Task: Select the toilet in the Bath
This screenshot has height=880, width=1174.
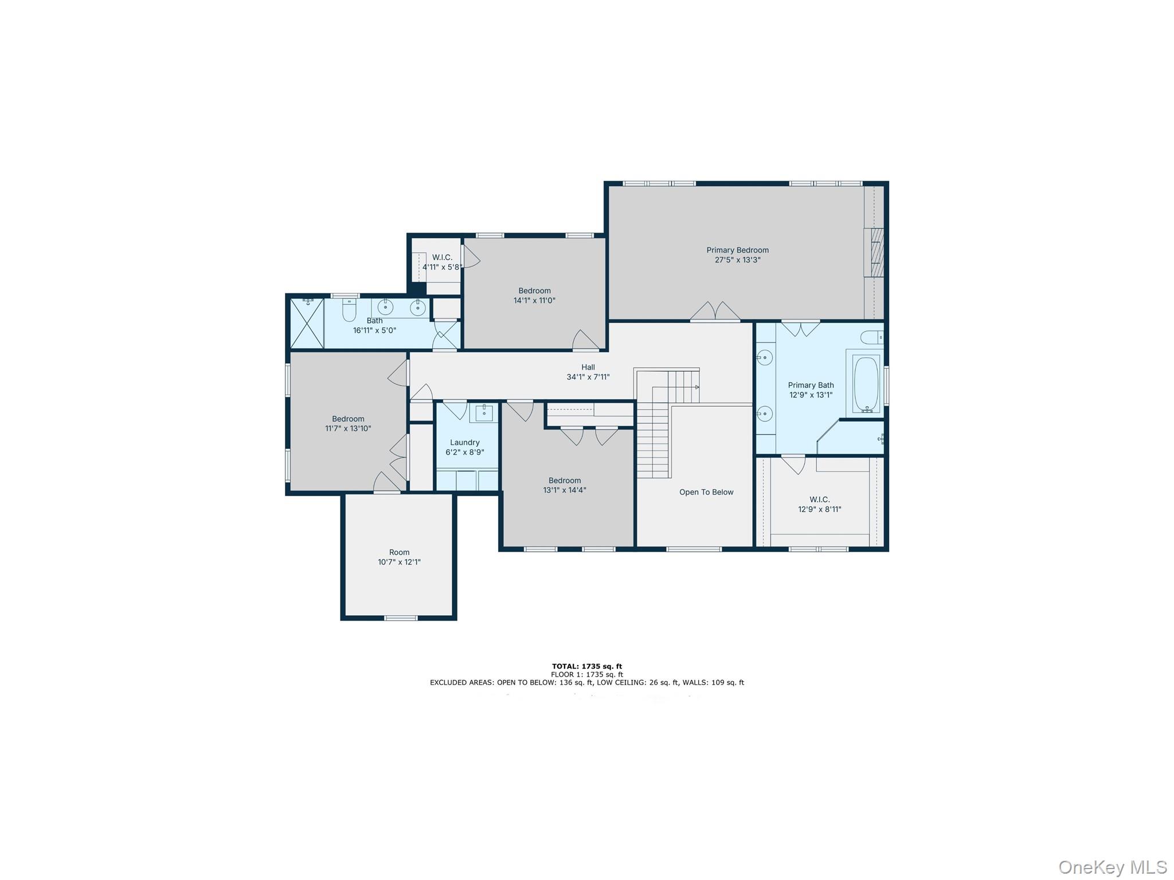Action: click(349, 310)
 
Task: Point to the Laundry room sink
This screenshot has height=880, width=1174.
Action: click(484, 412)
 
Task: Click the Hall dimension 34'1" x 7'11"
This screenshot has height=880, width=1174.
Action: click(588, 377)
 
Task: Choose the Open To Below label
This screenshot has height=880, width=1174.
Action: click(706, 492)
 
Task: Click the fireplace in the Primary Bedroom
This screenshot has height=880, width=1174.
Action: click(875, 253)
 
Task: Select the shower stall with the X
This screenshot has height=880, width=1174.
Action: click(307, 323)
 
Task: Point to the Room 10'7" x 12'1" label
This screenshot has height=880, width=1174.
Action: click(399, 557)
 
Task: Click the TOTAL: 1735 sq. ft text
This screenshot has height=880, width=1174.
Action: click(586, 666)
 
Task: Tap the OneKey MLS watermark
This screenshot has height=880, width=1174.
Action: click(1112, 867)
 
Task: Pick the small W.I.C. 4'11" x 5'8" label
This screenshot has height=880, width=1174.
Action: click(442, 262)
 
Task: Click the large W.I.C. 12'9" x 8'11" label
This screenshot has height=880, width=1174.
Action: click(820, 504)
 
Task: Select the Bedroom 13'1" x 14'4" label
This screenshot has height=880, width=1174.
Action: click(565, 485)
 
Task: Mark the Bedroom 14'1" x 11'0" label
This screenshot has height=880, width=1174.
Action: click(534, 295)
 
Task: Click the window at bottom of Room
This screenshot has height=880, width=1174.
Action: click(400, 618)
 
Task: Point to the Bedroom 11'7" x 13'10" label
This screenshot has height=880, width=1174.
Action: click(348, 423)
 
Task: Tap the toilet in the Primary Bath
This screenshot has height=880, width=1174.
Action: click(871, 337)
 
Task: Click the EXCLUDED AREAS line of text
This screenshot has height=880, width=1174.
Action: click(586, 682)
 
